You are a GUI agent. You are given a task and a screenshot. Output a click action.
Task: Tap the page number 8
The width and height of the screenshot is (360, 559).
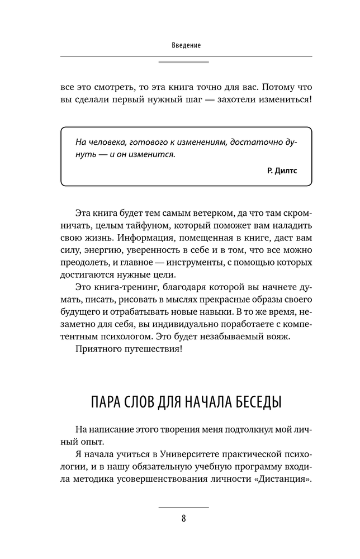tap(183, 518)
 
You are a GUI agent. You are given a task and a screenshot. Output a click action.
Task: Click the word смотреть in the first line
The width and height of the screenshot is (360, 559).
tap(110, 88)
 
